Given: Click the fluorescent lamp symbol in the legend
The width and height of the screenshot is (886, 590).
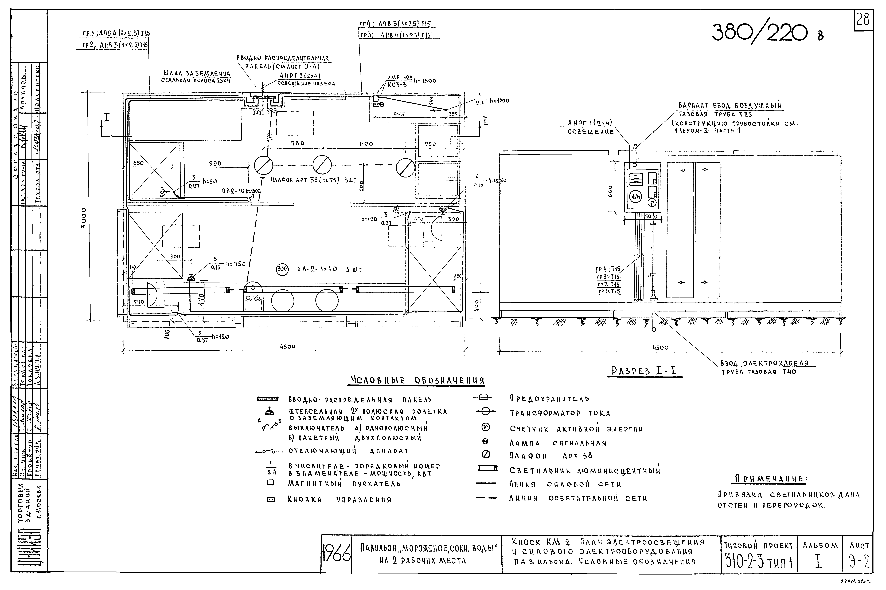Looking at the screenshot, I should click(x=487, y=468).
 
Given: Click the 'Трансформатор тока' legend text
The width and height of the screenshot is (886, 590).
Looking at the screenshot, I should click(x=560, y=413).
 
